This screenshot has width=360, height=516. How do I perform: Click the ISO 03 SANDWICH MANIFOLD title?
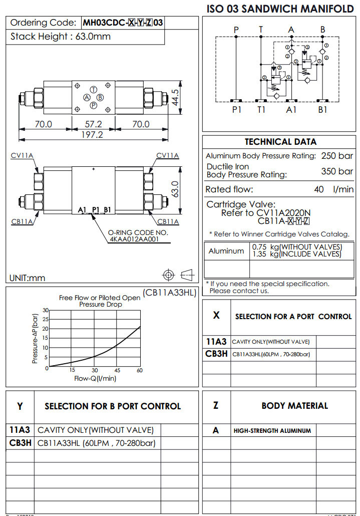point(280,9)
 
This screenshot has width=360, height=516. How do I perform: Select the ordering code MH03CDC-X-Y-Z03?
point(123,23)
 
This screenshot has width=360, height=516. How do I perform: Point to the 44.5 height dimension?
point(175,98)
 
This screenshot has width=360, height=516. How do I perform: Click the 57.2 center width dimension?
point(93,124)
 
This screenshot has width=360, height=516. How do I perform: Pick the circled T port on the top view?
point(93,89)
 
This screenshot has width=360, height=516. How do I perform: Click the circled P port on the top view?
point(93,105)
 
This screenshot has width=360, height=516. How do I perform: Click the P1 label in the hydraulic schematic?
point(236,110)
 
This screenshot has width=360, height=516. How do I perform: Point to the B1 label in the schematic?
point(323,110)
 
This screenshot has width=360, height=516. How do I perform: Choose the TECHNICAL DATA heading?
point(280,142)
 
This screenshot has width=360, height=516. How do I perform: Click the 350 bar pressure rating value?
point(337,171)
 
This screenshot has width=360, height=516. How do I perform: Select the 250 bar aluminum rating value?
point(337,156)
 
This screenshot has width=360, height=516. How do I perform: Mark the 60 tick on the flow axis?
point(140,371)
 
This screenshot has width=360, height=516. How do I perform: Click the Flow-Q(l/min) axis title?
point(95,379)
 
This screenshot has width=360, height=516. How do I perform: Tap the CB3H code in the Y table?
point(20,443)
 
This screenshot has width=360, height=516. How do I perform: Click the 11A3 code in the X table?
point(216,342)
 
